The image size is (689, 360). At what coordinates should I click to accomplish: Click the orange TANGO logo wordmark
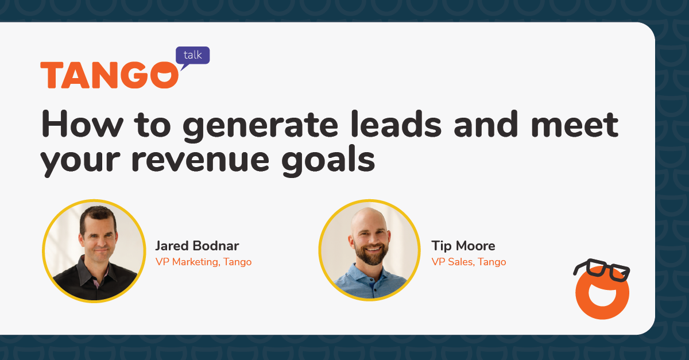coord(109,75)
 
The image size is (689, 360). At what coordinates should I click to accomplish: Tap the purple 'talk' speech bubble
coord(192,56)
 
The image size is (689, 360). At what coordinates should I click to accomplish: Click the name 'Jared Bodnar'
coord(197,246)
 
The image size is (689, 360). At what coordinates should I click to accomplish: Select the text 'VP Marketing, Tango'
coord(203,262)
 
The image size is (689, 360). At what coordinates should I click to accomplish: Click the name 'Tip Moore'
coord(463,246)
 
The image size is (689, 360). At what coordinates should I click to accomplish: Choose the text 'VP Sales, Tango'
coord(469,262)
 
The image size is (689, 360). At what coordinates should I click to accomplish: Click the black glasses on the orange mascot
coord(602,271)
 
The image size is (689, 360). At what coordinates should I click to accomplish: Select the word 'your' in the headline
coord(81,159)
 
